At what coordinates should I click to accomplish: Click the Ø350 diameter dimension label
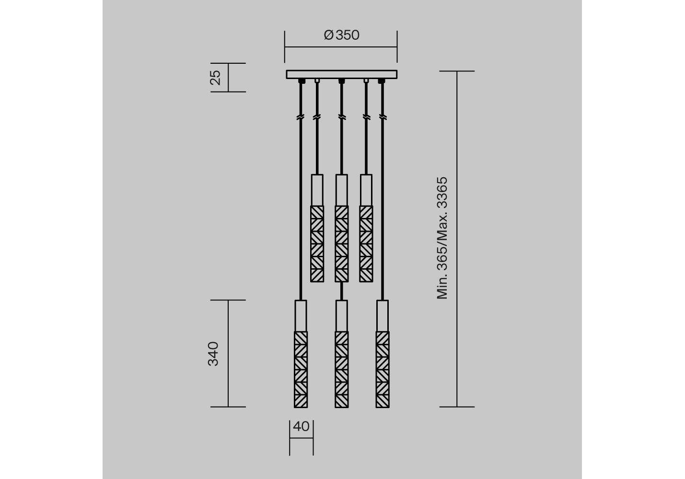pyautogui.click(x=342, y=35)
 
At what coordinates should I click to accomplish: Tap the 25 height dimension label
pyautogui.click(x=215, y=78)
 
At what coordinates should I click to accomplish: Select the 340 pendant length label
pyautogui.click(x=213, y=354)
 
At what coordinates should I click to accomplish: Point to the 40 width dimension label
pyautogui.click(x=301, y=426)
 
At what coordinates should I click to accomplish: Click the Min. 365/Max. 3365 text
pyautogui.click(x=442, y=238)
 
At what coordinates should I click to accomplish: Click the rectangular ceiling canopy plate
pyautogui.click(x=342, y=75)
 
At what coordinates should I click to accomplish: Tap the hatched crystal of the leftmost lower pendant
pyautogui.click(x=301, y=370)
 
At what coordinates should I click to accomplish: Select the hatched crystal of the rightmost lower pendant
pyautogui.click(x=383, y=370)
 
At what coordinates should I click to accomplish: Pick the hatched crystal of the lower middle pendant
pyautogui.click(x=342, y=370)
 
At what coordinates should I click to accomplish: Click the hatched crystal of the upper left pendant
pyautogui.click(x=317, y=244)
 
